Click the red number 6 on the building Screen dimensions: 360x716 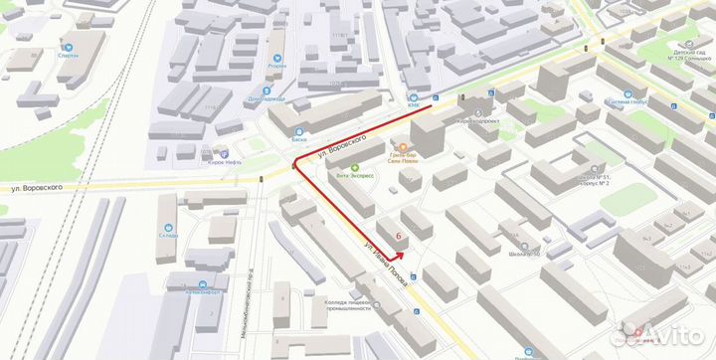pos(399,237)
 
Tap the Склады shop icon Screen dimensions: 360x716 pos(167,226)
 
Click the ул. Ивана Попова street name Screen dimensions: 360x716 pos(385,264)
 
